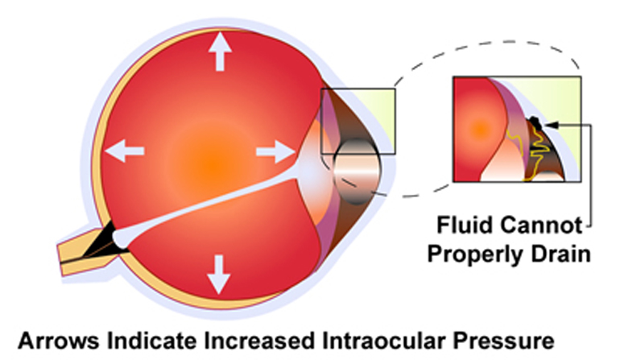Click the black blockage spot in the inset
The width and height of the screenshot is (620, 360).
point(532,123)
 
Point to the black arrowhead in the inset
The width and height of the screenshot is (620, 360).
point(549,125)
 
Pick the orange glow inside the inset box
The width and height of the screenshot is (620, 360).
point(478,128)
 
